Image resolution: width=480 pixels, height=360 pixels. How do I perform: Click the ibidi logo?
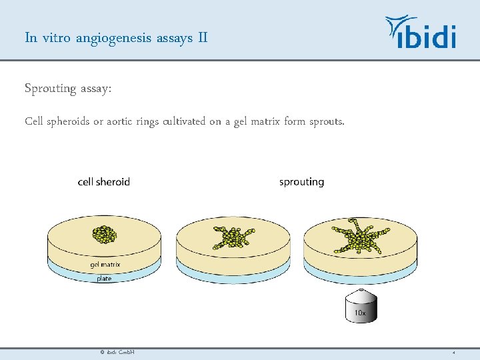(x=421, y=33)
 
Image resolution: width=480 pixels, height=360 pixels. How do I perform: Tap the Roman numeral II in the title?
(x=203, y=37)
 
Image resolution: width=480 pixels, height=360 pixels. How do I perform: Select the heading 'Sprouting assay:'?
(x=68, y=89)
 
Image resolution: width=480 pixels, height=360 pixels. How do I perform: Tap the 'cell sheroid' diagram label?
(x=104, y=182)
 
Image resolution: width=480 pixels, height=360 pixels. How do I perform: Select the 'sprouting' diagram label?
(x=301, y=182)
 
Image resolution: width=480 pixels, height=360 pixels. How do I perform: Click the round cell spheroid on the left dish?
(x=104, y=234)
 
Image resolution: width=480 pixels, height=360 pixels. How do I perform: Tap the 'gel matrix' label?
(x=105, y=265)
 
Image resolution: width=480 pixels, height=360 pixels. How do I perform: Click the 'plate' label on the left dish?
(x=104, y=279)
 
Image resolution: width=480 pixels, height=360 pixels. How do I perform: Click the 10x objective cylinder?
(x=360, y=307)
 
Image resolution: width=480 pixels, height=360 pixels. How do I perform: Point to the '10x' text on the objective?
(x=360, y=312)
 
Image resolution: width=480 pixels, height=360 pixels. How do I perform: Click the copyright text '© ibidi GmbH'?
(x=117, y=352)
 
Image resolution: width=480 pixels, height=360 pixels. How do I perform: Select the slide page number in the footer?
(x=453, y=352)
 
